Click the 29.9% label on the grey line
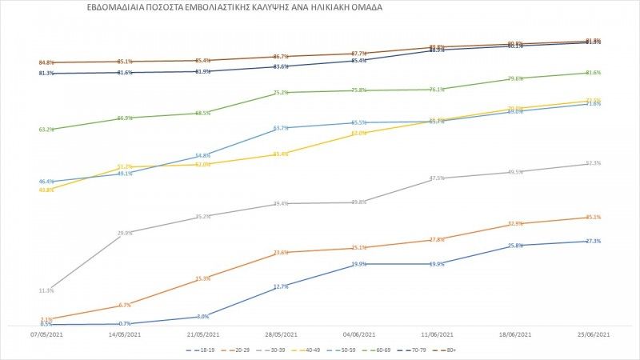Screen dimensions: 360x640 pos(124,233)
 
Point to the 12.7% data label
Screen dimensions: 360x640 pos(281,286)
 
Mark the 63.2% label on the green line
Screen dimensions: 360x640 pos(46,130)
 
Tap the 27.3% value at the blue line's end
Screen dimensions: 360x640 pos(594,241)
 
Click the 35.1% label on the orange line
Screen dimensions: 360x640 pos(594,217)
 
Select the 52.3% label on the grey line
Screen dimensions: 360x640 pos(594,163)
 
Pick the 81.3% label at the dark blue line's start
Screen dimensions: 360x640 pos(46,74)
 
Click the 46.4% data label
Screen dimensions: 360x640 pos(46,182)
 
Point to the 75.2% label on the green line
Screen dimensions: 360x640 pos(281,93)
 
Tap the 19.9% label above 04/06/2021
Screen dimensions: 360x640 pos(359,264)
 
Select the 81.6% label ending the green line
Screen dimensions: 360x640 pos(594,73)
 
